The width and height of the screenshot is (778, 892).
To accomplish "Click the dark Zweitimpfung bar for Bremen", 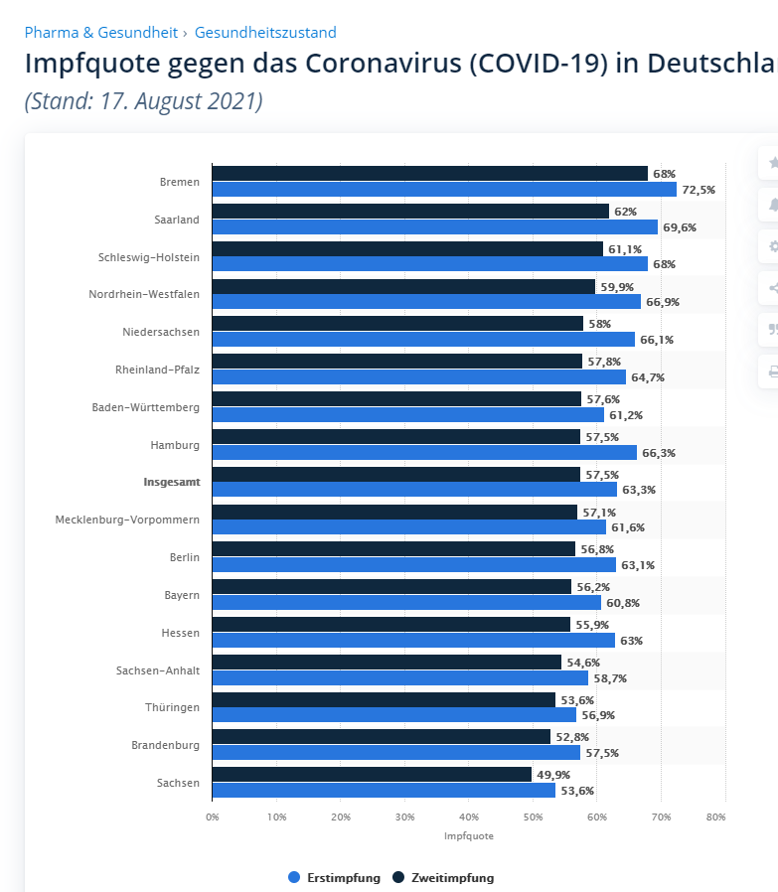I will [x=429, y=174].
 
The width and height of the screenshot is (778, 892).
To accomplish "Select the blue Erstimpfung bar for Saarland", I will [x=434, y=227].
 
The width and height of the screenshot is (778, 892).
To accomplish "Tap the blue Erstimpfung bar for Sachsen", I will [x=384, y=791].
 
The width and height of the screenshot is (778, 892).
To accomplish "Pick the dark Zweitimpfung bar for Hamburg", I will [x=395, y=437].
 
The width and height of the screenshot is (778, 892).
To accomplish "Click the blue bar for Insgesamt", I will [x=414, y=490].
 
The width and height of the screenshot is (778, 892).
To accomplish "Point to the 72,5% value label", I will [x=699, y=190].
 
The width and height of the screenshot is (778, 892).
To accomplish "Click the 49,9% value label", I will [x=553, y=775].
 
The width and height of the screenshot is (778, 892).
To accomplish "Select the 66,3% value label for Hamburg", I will [x=659, y=453].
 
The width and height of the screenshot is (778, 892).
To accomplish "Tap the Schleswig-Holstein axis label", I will [x=149, y=257].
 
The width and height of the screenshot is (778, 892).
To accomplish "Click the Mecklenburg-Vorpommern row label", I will [x=127, y=520].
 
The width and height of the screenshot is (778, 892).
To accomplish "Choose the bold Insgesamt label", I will [x=171, y=482].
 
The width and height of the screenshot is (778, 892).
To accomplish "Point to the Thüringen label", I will [x=174, y=707].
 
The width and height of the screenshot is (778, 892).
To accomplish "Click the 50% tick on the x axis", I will [x=533, y=817].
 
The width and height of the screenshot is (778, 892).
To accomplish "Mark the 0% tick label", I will [x=213, y=817].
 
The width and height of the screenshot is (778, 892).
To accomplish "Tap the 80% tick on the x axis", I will [x=716, y=817].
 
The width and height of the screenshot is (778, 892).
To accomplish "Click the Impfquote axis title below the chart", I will [x=469, y=836].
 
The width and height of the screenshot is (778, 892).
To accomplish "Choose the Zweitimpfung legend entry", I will [x=444, y=878].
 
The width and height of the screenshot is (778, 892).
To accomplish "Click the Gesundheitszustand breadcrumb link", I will [x=265, y=33].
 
